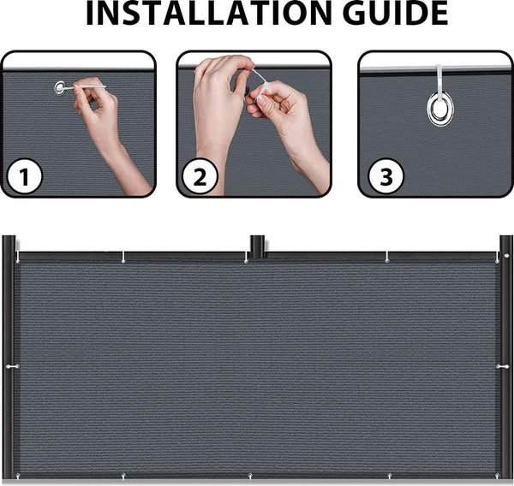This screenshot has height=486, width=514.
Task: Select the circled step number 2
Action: [x=200, y=177]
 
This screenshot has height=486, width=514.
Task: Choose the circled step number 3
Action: [x=386, y=177]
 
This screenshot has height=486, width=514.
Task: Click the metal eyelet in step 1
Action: [x=61, y=86]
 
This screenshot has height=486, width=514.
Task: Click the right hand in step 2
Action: [x=287, y=120]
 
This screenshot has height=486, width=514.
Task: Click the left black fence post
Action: [x=9, y=359]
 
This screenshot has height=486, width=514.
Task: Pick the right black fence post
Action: [x=506, y=359]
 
